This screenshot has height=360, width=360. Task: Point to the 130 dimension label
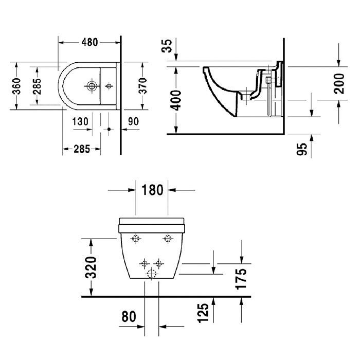coord(80,121)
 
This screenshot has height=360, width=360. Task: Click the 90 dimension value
coord(133,121)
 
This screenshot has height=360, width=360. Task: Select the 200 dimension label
coord(339,82)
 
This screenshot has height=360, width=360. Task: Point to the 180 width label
coord(152,190)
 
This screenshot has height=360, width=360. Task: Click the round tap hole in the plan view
coord(93,85)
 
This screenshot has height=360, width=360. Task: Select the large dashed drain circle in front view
coord(152,274)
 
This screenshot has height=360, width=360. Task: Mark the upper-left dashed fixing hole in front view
coord(136,238)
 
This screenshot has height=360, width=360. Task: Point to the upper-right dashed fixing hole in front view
coord(168,238)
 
